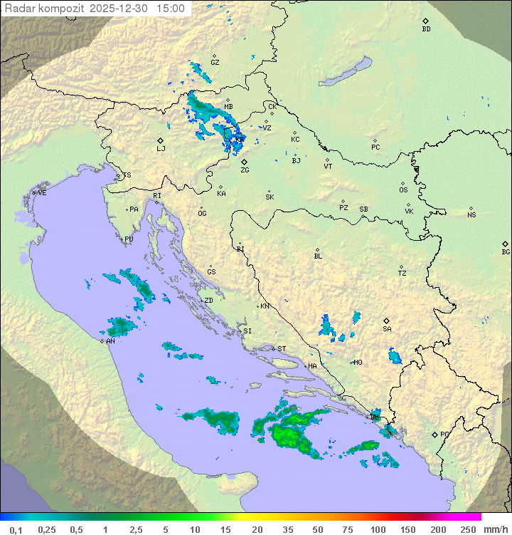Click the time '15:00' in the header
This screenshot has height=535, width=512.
171,9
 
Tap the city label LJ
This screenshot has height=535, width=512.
161,148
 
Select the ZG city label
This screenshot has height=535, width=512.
245,170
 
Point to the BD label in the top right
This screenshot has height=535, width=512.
426,29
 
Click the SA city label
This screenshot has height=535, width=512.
387,328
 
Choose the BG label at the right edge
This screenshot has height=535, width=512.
506,251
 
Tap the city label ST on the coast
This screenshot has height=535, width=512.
282,349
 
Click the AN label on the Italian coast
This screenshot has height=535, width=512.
110,341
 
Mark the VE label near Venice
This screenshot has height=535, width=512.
42,193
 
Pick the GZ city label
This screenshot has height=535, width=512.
215,62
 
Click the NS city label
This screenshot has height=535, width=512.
471,215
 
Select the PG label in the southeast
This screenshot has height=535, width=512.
444,434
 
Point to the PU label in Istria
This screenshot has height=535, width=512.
129,239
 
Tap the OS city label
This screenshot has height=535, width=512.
403,190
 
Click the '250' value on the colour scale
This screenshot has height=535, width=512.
467,529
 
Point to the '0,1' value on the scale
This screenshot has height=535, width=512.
16,529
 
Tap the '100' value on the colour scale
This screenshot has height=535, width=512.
378,529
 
